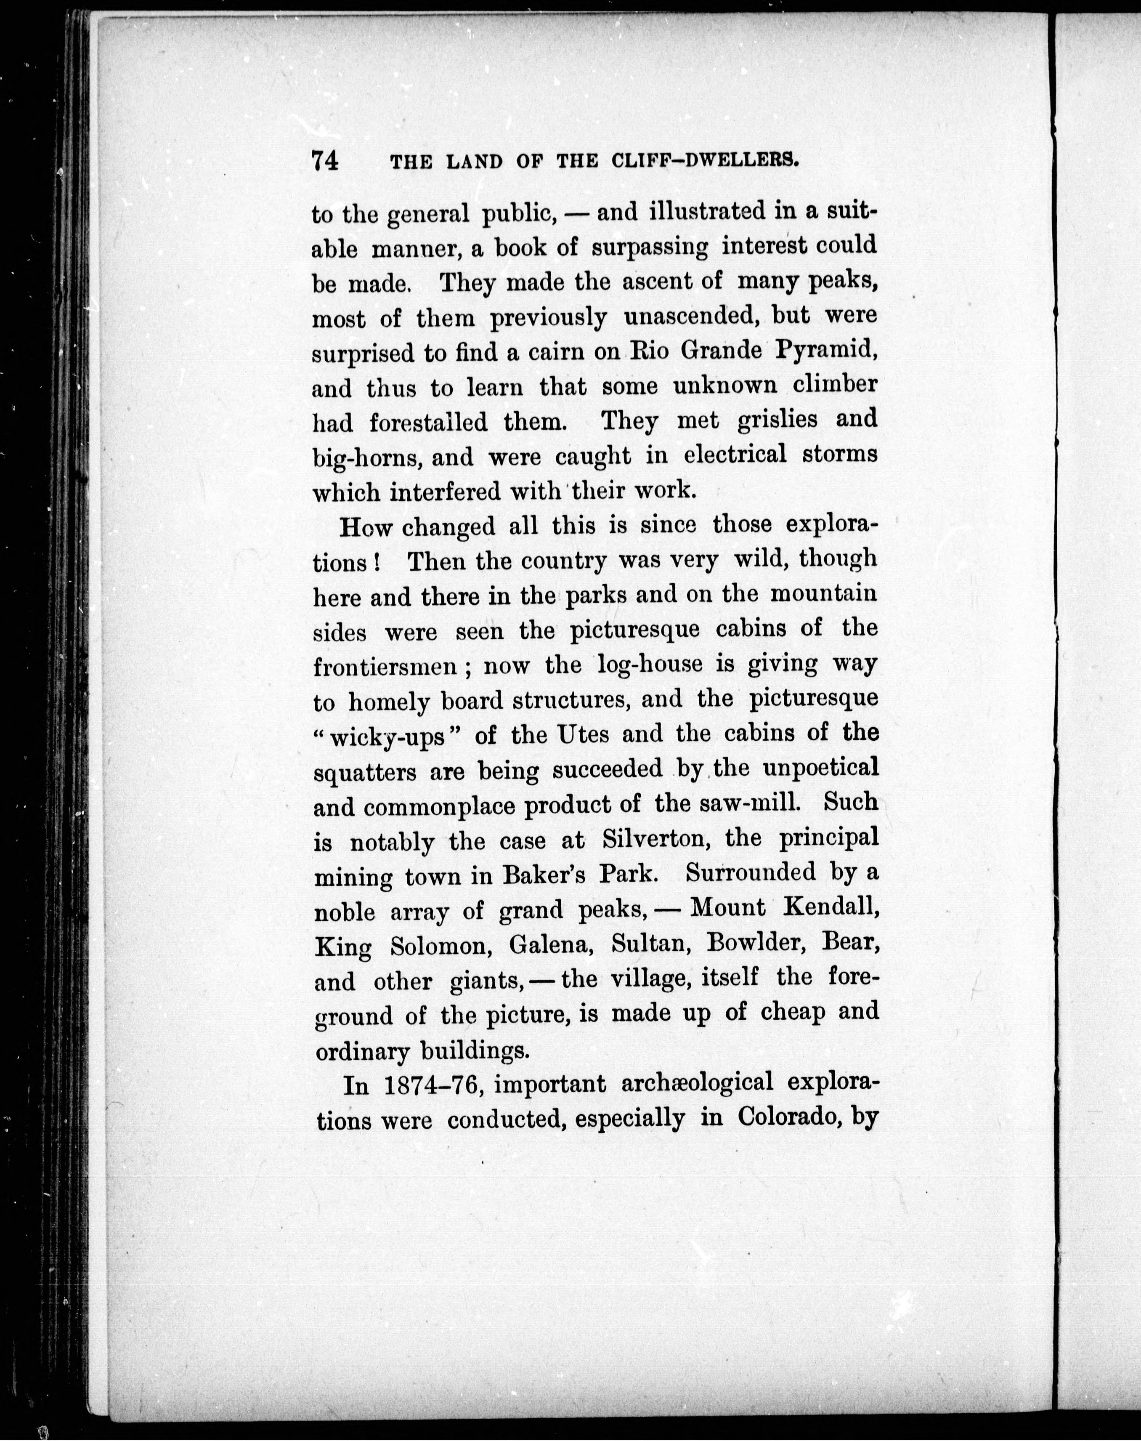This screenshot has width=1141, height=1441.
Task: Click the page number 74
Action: click(x=325, y=162)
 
